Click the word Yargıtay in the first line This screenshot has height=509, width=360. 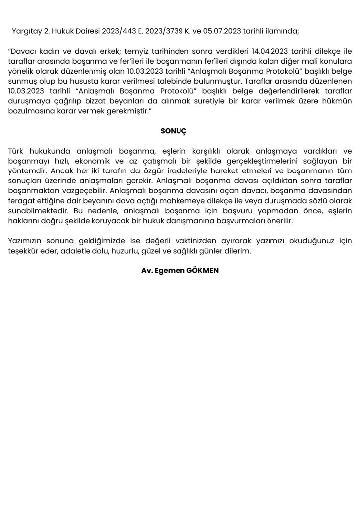coord(24,31)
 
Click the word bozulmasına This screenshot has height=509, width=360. coord(30,111)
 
